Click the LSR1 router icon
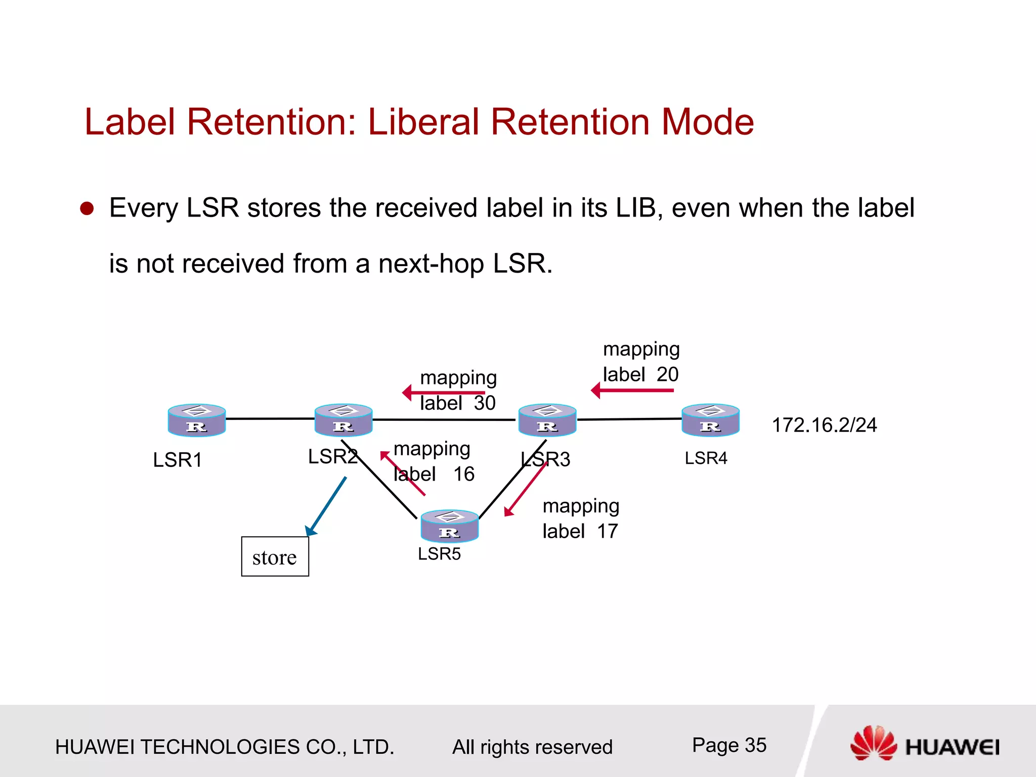tap(196, 420)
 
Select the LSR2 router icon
tap(343, 420)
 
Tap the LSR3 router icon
tap(547, 420)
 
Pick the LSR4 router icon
tap(710, 420)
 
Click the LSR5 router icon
tap(449, 526)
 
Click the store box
tap(275, 556)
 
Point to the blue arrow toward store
tap(326, 506)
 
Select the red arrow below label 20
tap(632, 391)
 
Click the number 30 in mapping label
tap(485, 403)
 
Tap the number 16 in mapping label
tap(463, 474)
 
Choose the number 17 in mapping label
tap(607, 531)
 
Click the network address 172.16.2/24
tap(824, 425)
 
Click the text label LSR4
tap(706, 458)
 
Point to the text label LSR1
tap(178, 460)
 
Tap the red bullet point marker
tap(87, 208)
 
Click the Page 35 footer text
tap(729, 745)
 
